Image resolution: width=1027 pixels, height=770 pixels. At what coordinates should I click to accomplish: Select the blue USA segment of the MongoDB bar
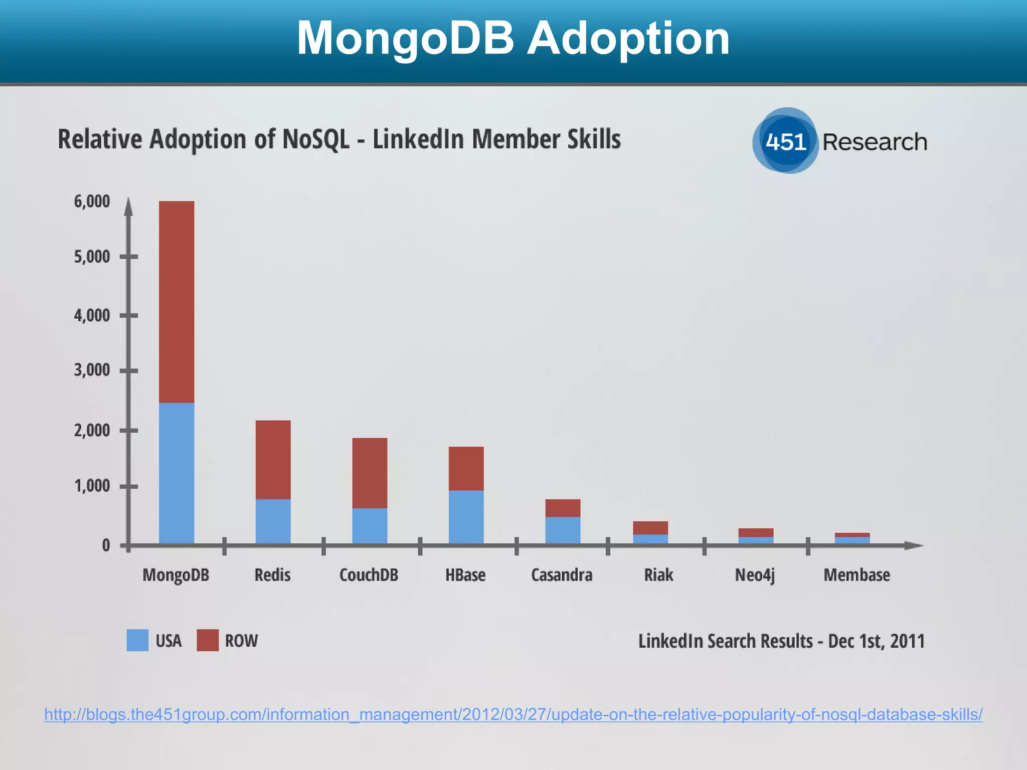click(x=177, y=473)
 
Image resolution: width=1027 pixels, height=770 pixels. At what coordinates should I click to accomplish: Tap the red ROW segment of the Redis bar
click(x=273, y=460)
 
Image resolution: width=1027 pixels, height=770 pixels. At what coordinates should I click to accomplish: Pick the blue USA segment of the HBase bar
click(x=466, y=516)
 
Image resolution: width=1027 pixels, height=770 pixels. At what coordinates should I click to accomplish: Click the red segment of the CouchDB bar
click(x=370, y=473)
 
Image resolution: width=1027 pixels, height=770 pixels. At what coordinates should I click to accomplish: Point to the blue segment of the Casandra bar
click(x=563, y=530)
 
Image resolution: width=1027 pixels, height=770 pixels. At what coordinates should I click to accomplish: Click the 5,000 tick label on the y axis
click(x=92, y=257)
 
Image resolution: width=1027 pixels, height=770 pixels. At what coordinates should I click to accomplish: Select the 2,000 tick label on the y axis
click(x=92, y=430)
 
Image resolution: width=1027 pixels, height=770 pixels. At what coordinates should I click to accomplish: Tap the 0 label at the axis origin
click(x=106, y=545)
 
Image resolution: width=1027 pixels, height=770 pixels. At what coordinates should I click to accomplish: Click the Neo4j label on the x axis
click(x=755, y=575)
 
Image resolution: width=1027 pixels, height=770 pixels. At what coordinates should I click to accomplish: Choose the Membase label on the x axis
click(x=857, y=574)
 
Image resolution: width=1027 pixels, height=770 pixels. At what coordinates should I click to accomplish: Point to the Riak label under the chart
click(x=658, y=574)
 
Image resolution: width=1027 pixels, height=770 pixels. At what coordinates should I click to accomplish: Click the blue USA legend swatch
click(x=137, y=640)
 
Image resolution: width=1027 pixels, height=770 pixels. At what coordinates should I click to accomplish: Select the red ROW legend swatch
click(x=208, y=640)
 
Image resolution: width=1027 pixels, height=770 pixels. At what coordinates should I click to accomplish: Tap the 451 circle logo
click(x=785, y=141)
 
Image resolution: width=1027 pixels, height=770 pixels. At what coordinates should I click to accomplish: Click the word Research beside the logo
click(x=875, y=142)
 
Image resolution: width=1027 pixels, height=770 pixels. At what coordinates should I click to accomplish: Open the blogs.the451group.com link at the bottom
click(x=513, y=714)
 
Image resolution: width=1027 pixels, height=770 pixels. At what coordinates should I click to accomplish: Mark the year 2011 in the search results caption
click(x=907, y=641)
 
